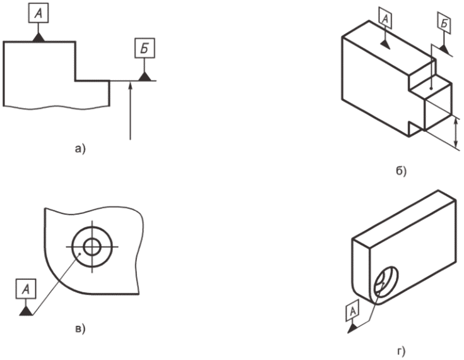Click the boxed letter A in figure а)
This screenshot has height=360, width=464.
tap(39, 13)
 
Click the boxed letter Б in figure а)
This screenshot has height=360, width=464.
tap(145, 48)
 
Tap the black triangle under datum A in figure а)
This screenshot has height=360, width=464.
tap(39, 37)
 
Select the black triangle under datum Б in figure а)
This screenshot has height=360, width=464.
tap(145, 76)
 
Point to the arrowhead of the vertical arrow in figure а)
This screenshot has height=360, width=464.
tap(130, 85)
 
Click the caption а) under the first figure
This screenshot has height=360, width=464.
tap(80, 148)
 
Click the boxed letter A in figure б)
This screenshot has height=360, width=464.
tap(385, 18)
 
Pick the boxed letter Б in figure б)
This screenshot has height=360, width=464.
tap(444, 23)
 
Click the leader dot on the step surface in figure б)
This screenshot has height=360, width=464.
tap(432, 88)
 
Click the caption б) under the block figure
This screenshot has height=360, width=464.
tap(402, 171)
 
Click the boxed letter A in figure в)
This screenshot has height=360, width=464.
tap(27, 289)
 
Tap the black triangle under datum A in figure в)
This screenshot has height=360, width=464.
tap(27, 311)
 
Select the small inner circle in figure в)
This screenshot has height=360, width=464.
tap(92, 246)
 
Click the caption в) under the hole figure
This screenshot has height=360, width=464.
tap(80, 328)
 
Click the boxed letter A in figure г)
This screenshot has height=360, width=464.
tap(353, 311)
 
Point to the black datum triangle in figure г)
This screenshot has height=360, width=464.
tap(353, 328)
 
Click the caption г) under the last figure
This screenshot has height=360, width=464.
tap(402, 351)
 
